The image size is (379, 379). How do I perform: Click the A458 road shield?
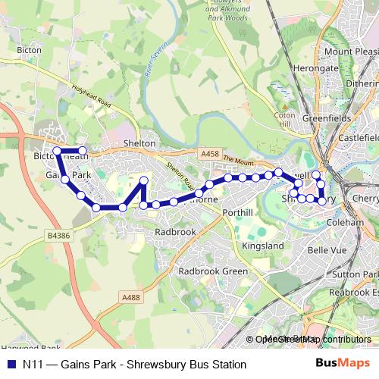[x=209, y=154]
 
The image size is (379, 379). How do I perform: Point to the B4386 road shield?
[x=58, y=237]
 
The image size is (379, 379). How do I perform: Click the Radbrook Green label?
[x=213, y=271]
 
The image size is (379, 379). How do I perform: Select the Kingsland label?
[x=262, y=247]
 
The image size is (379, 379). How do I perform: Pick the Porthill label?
[x=238, y=213]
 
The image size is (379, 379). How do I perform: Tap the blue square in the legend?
[x=11, y=365]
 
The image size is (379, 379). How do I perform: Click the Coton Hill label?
[x=283, y=119]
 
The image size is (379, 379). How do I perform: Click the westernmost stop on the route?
[x=57, y=151]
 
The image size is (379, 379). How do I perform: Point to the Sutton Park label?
[x=359, y=274]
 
